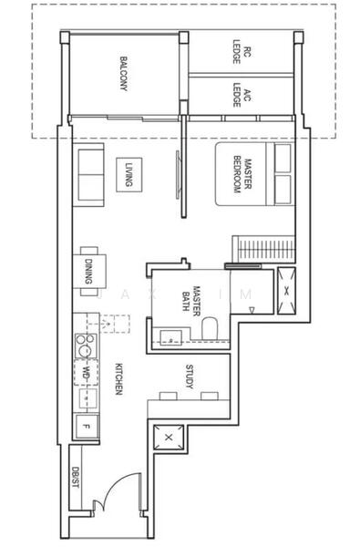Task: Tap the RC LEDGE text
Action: (x=240, y=53)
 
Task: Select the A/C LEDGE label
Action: (x=240, y=96)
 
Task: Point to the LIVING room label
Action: (x=129, y=173)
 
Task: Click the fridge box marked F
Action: (x=86, y=425)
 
